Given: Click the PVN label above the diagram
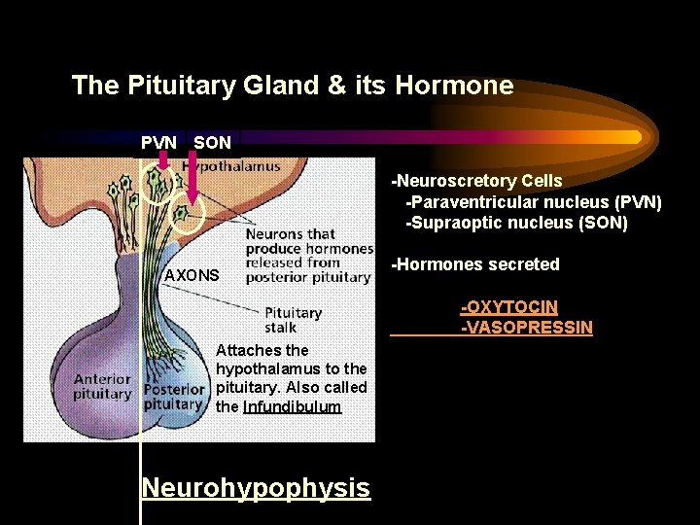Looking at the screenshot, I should click(x=158, y=143).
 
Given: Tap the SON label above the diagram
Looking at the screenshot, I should click(x=212, y=143).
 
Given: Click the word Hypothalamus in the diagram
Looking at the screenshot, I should click(x=233, y=166).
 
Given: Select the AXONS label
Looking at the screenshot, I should click(x=192, y=275).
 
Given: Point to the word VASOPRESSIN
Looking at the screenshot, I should click(x=527, y=327).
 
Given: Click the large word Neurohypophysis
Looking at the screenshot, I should click(x=256, y=487).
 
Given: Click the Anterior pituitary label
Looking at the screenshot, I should click(x=102, y=387).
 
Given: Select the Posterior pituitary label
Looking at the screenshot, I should click(x=173, y=397).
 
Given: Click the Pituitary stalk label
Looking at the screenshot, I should click(x=293, y=321).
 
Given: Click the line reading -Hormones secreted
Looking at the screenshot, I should click(x=475, y=264).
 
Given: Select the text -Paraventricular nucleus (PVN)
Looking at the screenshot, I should click(x=534, y=202).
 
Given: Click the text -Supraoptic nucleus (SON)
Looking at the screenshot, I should click(x=517, y=223).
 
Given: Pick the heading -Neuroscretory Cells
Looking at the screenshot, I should click(x=476, y=181).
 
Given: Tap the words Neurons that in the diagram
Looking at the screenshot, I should click(x=290, y=234).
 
